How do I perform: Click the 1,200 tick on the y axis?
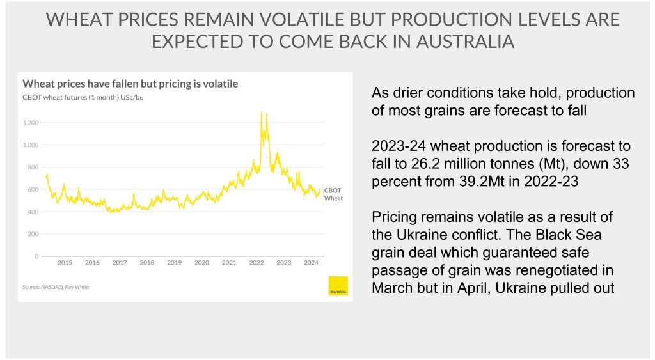click(30, 123)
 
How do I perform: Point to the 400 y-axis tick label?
click(33, 212)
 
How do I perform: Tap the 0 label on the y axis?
click(36, 256)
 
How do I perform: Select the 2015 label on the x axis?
click(65, 263)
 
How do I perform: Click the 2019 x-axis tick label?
click(174, 263)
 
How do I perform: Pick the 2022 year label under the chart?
click(256, 263)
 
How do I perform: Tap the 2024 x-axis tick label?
click(312, 263)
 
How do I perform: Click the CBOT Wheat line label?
click(333, 194)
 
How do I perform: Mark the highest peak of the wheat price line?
click(261, 113)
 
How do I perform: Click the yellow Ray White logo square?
click(337, 286)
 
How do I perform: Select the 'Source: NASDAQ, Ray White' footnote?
click(56, 287)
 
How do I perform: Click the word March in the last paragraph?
click(395, 288)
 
